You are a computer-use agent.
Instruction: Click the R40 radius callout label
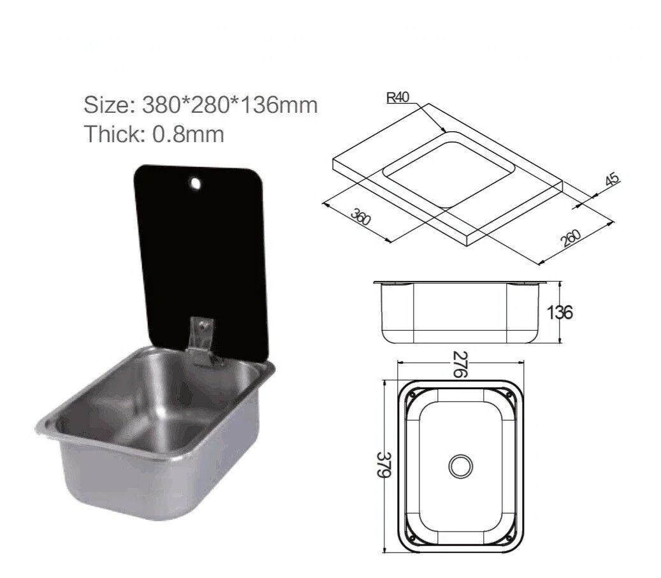tap(398, 98)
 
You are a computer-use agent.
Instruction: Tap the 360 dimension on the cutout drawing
tap(361, 217)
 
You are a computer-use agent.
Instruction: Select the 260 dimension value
tap(572, 237)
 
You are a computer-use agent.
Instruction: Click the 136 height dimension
tap(560, 312)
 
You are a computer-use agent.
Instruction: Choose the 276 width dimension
tap(460, 364)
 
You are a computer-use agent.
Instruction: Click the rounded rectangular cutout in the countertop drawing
tap(449, 169)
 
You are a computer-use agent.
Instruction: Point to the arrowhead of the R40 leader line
tap(445, 132)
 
